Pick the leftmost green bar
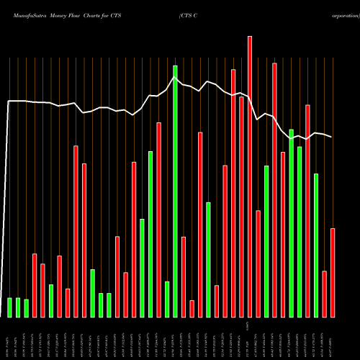coord(10,307)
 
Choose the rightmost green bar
coord(316,245)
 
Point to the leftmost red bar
coord(35,285)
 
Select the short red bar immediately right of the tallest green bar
coord(184,276)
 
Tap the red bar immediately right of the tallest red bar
coord(258,264)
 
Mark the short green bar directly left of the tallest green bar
coord(167,299)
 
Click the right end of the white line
coord(332,137)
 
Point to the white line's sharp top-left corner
coord(9,101)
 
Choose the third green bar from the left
coord(27,308)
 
